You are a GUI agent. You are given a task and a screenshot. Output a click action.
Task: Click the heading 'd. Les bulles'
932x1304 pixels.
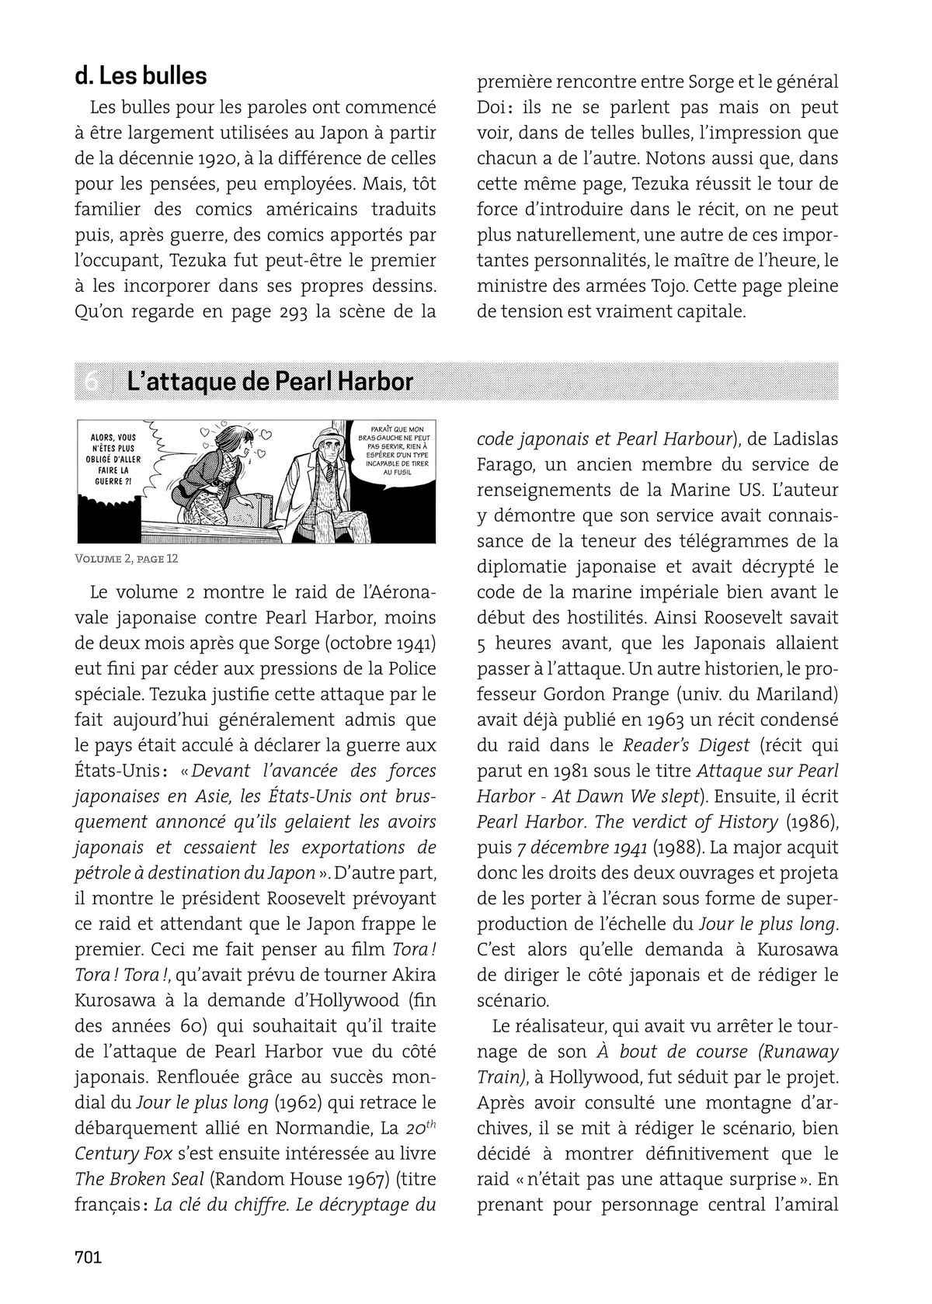141,76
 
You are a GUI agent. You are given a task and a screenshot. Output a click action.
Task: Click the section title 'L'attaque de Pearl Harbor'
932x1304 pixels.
270,381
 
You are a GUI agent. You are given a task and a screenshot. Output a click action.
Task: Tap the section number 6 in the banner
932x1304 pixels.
92,382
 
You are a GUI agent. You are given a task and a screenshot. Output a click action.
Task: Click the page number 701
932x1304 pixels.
89,1257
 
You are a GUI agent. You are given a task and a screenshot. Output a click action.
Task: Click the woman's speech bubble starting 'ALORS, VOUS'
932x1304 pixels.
113,459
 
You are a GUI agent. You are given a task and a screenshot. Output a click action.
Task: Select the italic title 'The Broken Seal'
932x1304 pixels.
139,1178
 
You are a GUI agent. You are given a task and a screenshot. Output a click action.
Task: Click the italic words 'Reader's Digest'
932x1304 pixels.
687,745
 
